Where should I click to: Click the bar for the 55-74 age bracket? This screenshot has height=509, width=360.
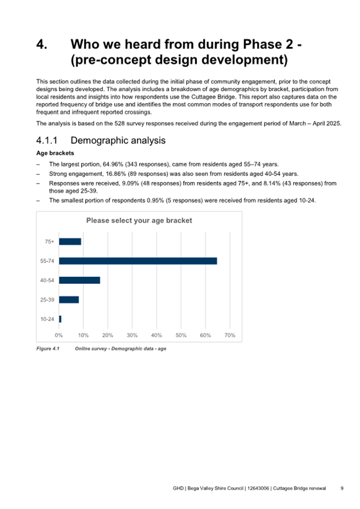tap(138, 261)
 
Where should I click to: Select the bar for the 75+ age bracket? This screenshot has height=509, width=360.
tap(70, 242)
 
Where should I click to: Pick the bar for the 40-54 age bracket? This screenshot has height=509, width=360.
tap(79, 280)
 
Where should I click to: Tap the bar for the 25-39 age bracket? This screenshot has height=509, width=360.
tap(69, 300)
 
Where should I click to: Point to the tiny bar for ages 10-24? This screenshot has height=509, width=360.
tap(60, 319)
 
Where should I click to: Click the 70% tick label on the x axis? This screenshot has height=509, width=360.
tap(230, 335)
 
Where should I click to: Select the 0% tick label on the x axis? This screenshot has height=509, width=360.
tap(59, 335)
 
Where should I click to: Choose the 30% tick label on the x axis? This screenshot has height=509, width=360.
tap(132, 335)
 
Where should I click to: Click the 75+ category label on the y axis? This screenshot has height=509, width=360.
tap(49, 242)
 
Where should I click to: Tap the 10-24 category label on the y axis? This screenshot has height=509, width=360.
tap(47, 319)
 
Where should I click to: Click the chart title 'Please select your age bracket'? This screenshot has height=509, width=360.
tap(139, 220)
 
